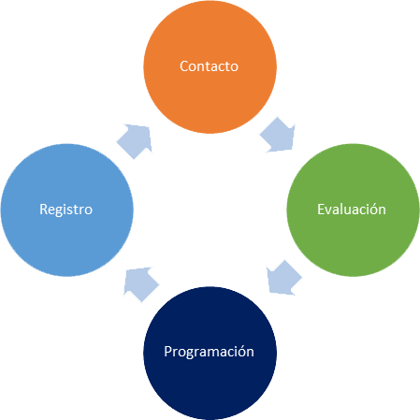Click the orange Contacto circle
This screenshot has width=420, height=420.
point(210,66)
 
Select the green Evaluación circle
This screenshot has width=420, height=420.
point(353,210)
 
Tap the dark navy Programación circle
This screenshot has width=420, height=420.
point(210,353)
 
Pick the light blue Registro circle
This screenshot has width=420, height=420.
point(67,210)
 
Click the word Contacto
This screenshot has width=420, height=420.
point(209,66)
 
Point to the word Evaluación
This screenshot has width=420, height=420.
point(352,209)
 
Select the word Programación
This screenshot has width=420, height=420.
point(209,352)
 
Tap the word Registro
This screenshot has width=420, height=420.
point(65,210)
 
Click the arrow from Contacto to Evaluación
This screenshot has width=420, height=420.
point(278,135)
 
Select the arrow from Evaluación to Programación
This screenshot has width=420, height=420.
point(284,278)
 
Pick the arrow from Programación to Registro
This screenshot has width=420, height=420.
point(141,284)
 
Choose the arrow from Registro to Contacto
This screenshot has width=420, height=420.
point(135,141)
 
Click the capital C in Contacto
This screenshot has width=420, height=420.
point(183,66)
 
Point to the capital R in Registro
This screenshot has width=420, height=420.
point(43,210)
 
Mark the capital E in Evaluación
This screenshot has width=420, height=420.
point(321,210)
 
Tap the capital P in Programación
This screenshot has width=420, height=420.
point(167,352)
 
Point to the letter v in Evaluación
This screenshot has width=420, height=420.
point(329,211)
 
